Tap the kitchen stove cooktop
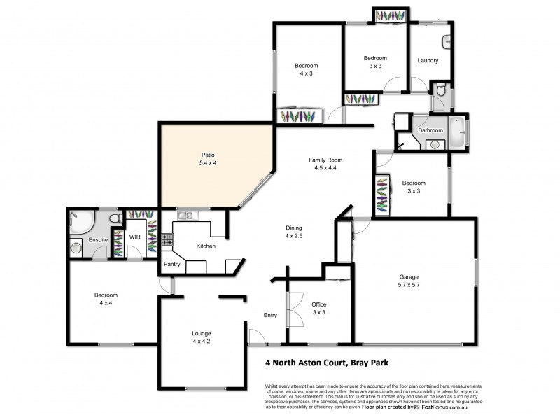click(x=167, y=239)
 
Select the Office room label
click(x=318, y=304)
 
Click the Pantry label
click(x=171, y=264)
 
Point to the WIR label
click(x=136, y=237)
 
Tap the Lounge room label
click(x=202, y=333)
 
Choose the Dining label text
click(x=294, y=227)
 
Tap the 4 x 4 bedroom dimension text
click(x=106, y=303)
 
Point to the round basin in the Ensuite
click(x=76, y=246)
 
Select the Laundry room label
click(x=428, y=61)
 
